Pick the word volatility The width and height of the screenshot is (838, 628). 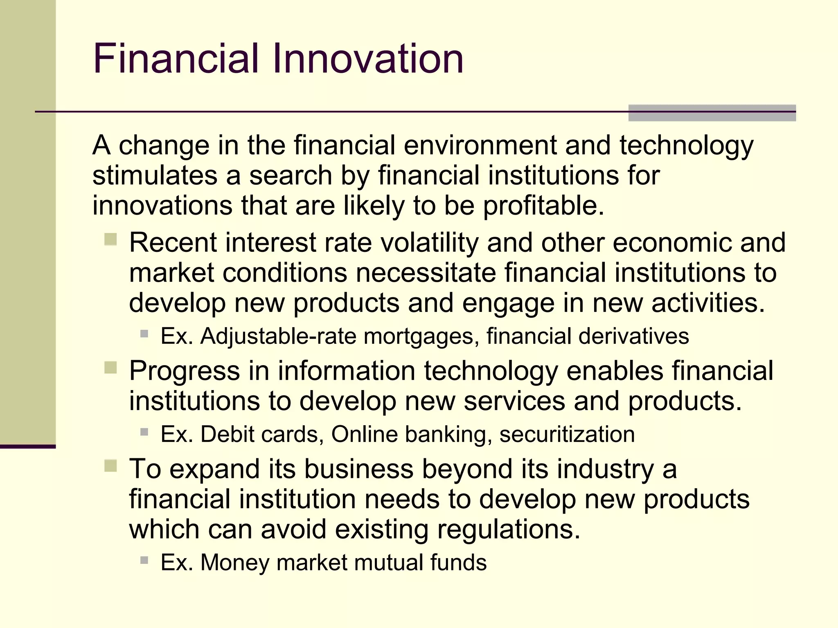[429, 242]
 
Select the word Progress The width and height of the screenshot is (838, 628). [185, 371]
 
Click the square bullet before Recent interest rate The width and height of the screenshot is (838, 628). [110, 239]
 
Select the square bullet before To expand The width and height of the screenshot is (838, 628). [110, 466]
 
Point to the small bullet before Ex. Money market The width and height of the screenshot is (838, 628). [144, 560]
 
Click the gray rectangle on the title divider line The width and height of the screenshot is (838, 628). [712, 113]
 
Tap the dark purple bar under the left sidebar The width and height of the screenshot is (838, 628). [28, 446]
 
